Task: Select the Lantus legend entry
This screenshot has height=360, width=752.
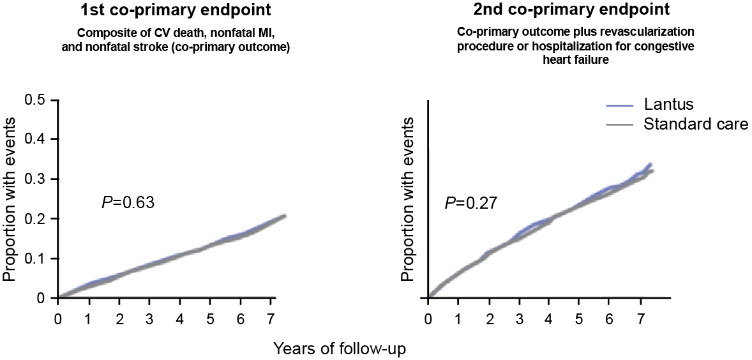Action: point(667,105)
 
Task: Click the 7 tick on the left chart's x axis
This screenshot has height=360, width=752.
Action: point(270,319)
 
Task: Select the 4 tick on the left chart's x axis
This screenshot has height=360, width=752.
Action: point(179,319)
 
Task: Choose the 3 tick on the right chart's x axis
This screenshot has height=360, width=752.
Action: point(518,319)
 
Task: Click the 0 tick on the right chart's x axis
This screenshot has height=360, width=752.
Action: point(428,319)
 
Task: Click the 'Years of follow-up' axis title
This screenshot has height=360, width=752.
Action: point(340,349)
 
